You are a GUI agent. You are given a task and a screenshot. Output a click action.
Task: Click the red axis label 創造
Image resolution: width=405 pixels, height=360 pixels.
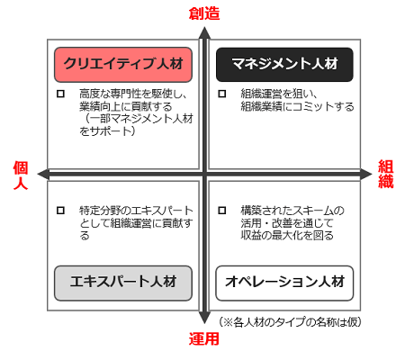pos(204,13)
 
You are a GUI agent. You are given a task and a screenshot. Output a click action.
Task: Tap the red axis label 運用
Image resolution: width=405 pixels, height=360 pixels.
pos(204,338)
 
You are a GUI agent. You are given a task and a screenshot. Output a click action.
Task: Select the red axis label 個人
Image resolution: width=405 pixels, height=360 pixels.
pos(21,175)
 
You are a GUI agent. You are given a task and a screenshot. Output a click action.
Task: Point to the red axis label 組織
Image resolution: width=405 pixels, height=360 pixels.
pos(385,174)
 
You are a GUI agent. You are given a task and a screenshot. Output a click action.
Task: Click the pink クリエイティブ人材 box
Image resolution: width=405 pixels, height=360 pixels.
pos(123,65)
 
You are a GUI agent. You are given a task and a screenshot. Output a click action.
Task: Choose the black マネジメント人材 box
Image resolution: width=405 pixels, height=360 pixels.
pos(284,65)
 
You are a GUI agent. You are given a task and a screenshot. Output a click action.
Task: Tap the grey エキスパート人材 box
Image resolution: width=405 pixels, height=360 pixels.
pos(123,283)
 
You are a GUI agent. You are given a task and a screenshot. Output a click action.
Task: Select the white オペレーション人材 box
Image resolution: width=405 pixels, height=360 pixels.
pos(284,283)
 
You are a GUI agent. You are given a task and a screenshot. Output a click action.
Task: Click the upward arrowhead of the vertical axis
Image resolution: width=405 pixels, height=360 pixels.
pos(204,33)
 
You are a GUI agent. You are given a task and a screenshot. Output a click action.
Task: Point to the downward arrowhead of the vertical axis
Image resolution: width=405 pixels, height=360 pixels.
pos(204,318)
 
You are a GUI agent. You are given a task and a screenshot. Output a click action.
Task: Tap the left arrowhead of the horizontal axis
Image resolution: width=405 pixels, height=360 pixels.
pos(43,175)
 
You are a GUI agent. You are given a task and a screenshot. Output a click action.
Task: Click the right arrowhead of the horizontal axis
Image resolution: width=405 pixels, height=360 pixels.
pos(366,175)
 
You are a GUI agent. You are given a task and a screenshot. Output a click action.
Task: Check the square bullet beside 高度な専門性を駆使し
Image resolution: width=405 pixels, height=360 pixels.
pos(60,94)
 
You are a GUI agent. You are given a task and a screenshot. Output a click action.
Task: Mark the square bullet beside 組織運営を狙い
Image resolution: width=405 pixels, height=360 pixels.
pos(222,94)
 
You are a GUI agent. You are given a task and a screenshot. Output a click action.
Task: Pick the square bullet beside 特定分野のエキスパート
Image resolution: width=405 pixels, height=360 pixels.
pos(60,211)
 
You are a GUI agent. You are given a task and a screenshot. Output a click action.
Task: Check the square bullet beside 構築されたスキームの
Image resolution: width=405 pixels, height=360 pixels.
pos(222,211)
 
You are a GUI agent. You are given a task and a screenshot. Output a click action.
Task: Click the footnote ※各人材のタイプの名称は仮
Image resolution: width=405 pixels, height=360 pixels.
pos(290,322)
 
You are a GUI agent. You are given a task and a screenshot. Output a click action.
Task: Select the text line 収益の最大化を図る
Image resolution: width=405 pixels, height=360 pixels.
pos(287,236)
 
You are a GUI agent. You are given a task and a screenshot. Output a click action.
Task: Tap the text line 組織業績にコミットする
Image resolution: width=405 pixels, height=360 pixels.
pos(297,106)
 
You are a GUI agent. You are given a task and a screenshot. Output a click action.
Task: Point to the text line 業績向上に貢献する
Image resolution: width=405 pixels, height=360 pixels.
pos(126,106)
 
